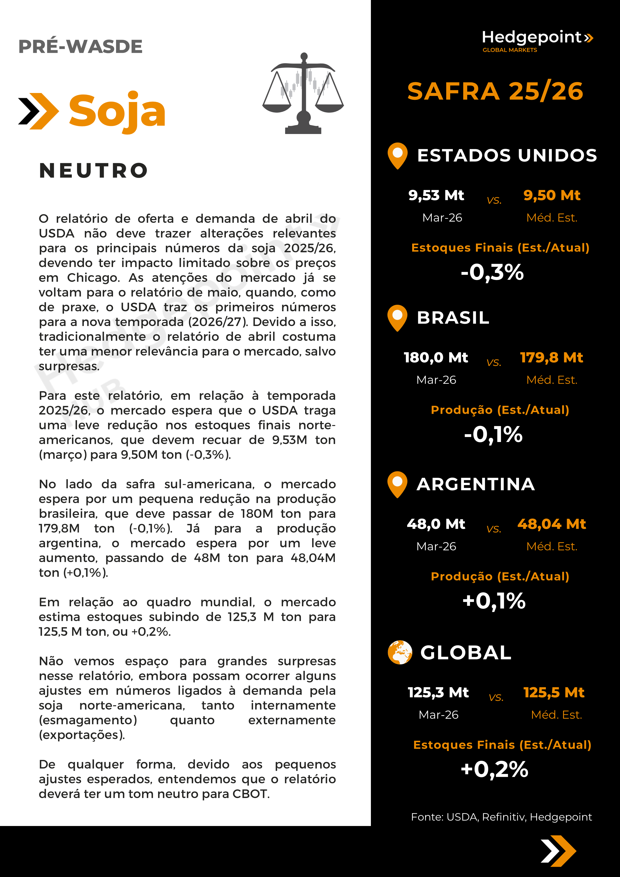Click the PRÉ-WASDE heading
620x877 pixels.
click(80, 46)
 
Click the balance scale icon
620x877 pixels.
click(303, 93)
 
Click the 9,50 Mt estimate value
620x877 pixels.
click(552, 195)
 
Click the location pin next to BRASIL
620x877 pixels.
click(397, 317)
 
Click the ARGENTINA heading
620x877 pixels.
click(476, 484)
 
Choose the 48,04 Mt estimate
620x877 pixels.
click(552, 524)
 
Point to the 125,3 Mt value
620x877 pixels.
click(438, 692)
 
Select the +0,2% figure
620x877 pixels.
click(494, 769)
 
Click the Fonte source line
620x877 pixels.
click(501, 817)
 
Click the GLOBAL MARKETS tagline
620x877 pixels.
click(510, 50)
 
